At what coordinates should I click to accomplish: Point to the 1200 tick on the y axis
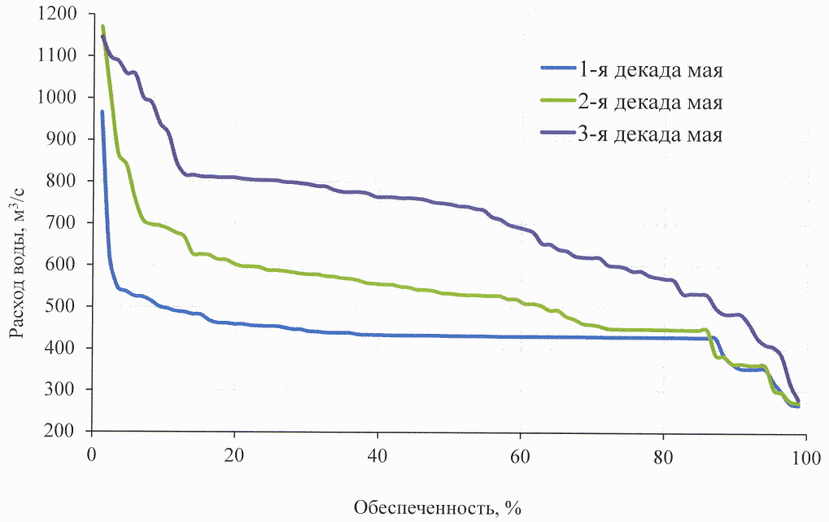tap(63, 14)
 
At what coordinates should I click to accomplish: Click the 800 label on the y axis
tap(68, 181)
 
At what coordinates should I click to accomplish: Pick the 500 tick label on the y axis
tap(68, 306)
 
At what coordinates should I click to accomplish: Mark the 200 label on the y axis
tap(68, 432)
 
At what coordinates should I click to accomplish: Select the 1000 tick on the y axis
tap(63, 97)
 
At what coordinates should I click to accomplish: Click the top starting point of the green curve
tap(103, 27)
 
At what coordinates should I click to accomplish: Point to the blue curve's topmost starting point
tap(102, 112)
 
